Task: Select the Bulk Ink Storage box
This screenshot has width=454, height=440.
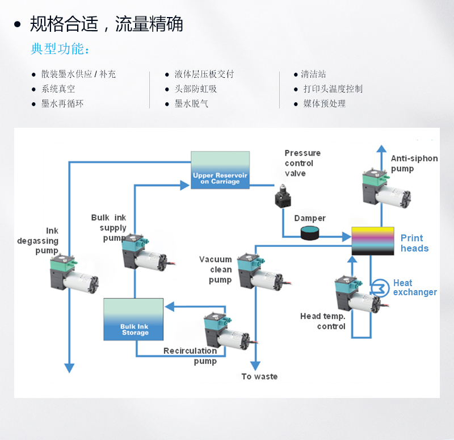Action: [134, 320]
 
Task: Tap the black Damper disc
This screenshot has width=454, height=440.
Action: [310, 233]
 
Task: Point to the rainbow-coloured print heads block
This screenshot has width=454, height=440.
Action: [373, 241]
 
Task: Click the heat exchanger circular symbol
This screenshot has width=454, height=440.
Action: [377, 287]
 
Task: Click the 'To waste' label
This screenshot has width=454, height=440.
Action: [259, 376]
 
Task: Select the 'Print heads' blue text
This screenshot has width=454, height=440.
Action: [414, 243]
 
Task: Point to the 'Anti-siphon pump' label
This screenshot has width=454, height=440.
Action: [414, 164]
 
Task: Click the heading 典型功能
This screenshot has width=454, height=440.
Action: [60, 49]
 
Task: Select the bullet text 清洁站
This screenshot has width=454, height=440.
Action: [313, 74]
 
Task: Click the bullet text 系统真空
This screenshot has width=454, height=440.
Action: [58, 89]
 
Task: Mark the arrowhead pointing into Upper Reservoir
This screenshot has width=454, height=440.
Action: [184, 185]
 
